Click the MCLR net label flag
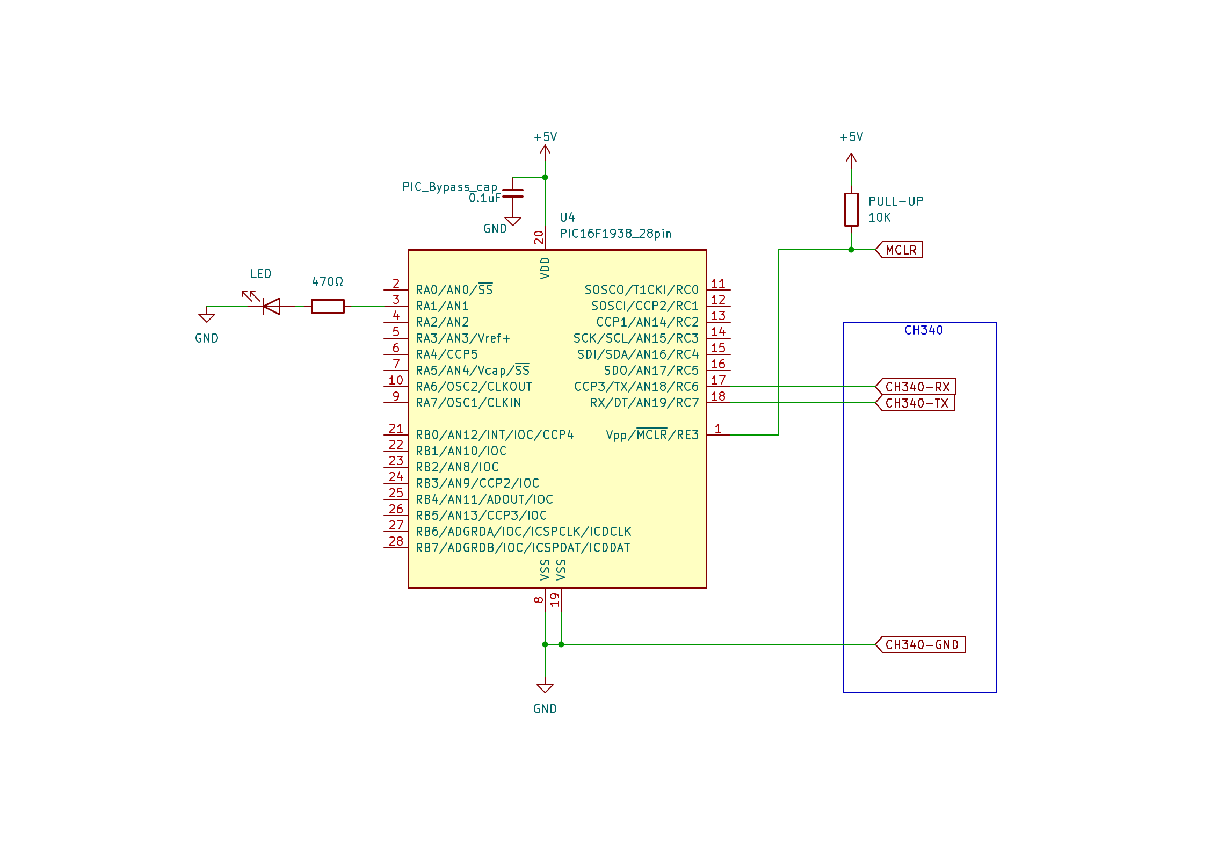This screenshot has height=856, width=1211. click(900, 250)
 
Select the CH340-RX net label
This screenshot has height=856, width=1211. click(916, 387)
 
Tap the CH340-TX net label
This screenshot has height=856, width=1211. click(915, 403)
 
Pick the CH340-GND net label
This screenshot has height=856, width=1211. click(920, 644)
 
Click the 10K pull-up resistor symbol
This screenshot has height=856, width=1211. click(851, 209)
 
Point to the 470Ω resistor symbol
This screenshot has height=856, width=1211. click(328, 306)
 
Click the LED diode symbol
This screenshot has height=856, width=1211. click(271, 306)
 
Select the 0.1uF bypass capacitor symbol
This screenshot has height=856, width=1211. click(513, 193)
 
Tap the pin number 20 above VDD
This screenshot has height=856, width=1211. click(539, 237)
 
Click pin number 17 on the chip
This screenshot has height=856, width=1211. click(718, 380)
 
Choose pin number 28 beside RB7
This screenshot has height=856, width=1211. click(396, 541)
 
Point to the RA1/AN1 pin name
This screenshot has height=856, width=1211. click(442, 306)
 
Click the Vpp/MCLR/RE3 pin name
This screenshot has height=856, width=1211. click(652, 434)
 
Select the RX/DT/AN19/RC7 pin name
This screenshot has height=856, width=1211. click(644, 403)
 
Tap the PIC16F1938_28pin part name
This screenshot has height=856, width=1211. click(615, 234)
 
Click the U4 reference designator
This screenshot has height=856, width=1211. click(567, 217)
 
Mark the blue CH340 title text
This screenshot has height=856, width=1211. click(923, 330)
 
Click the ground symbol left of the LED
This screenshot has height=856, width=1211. click(207, 317)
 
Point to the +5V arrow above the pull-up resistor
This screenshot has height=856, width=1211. click(851, 158)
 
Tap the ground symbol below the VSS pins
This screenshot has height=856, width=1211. click(545, 688)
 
